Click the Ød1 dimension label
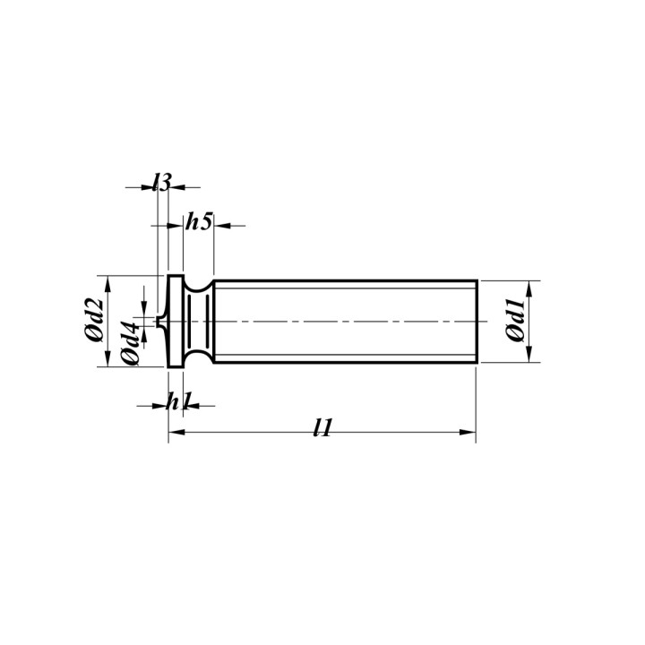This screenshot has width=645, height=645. (x=516, y=321)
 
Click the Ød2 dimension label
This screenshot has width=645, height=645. (x=94, y=321)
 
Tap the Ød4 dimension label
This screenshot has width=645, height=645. (x=131, y=343)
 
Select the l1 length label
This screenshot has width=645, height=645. (x=322, y=428)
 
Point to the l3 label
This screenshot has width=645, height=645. (x=161, y=182)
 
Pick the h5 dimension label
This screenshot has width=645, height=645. (x=199, y=221)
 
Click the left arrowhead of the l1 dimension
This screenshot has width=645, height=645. (x=176, y=432)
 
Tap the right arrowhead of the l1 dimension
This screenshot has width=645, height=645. (x=468, y=432)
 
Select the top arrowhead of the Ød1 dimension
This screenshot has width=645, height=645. (x=529, y=288)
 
